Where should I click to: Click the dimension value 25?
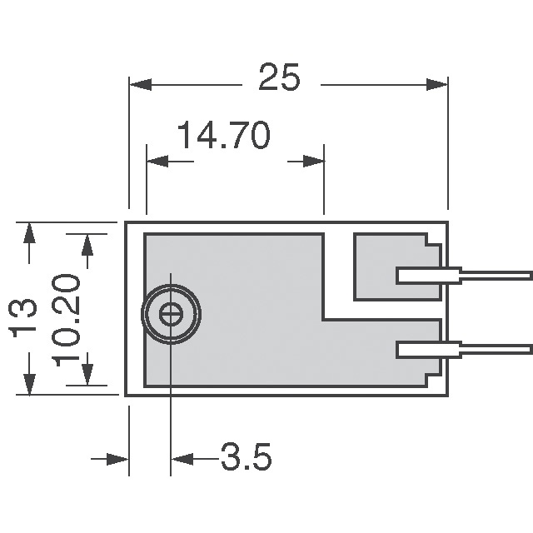pos(278,79)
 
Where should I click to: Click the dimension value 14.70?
pos(222,136)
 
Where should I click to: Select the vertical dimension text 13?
pos(25,317)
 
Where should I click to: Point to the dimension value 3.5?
pos(246,458)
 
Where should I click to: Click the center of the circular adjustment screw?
pos(171,314)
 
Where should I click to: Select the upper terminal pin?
pos(464,276)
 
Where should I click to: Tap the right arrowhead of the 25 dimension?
pos(438,84)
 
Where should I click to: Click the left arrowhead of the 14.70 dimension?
pos(157,159)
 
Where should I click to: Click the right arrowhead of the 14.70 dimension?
pos(314,159)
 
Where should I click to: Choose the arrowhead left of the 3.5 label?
pos(182,458)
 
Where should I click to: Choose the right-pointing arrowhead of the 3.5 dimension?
pos(118,458)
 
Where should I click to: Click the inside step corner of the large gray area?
pos(323,319)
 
